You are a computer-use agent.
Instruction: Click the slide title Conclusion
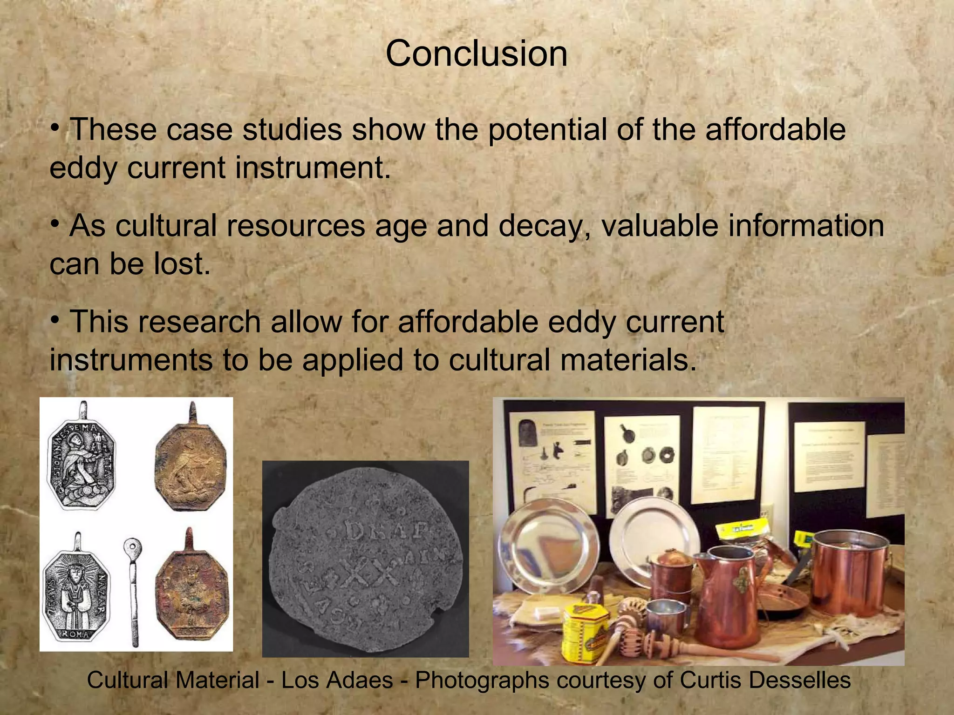[x=476, y=54]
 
